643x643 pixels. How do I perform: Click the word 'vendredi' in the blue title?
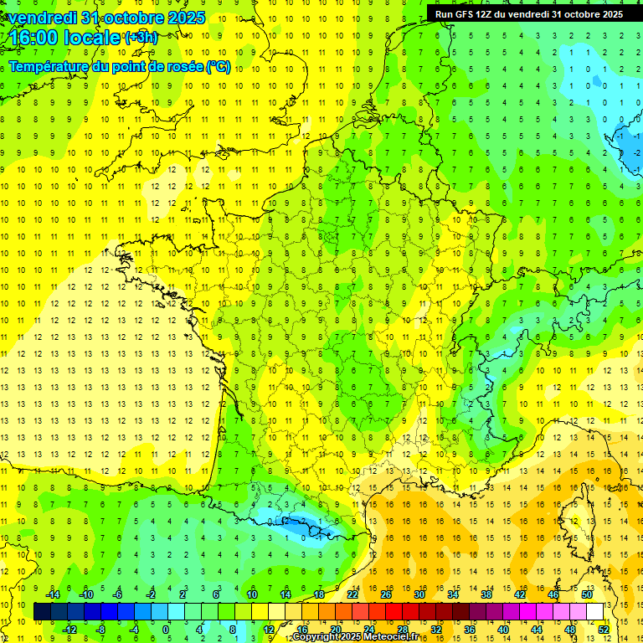coord(38,18)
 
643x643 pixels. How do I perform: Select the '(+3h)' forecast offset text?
coord(140,37)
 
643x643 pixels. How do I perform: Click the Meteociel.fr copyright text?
coord(357,637)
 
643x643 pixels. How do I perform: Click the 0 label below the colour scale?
coord(166,629)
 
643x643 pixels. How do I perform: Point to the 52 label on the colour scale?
coord(604,629)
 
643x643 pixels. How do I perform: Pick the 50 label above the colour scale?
coord(587,594)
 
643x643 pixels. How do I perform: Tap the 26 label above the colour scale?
coord(386,594)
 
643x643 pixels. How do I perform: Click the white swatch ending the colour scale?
coord(595,611)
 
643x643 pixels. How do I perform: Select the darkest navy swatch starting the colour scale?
coord(42,611)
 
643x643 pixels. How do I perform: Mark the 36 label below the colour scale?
coord(470,629)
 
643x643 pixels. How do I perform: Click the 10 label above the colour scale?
coord(251,594)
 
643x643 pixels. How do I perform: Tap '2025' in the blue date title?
coord(181,18)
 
